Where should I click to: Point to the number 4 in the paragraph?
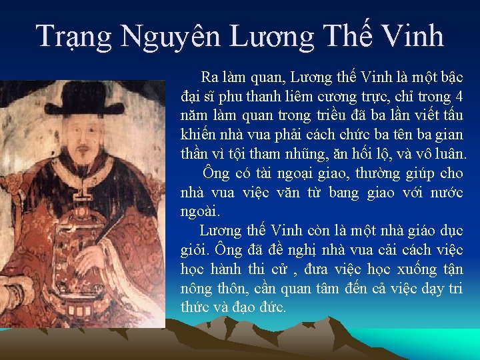459,96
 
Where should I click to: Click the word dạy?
434,289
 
